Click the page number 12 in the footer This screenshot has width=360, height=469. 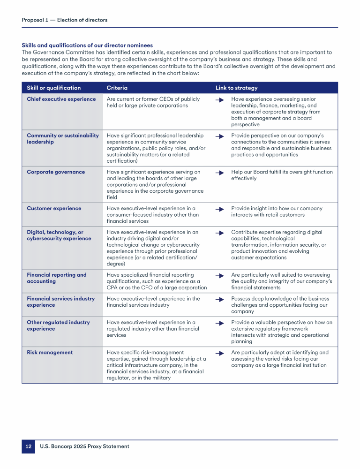point(28,446)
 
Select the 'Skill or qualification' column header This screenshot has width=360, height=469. point(53,88)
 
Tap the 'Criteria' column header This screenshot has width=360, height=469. point(117,88)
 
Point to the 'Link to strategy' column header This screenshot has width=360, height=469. point(236,88)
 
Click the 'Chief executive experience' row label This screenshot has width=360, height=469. point(61,99)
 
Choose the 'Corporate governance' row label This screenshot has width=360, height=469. point(56,172)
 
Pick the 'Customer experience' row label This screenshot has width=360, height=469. point(54,209)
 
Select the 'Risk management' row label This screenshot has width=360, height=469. point(50,353)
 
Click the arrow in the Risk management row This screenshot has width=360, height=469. point(219,353)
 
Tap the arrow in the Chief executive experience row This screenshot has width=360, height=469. point(219,100)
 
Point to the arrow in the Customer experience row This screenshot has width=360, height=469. point(219,209)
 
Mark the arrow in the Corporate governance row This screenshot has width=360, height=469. point(219,173)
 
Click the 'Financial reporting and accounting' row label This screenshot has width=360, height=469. point(57,278)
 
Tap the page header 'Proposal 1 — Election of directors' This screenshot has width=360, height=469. point(64,20)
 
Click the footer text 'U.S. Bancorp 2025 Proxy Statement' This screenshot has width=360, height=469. point(84,446)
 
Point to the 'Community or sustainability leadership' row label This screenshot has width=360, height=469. point(63,139)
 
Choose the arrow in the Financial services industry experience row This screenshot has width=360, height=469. point(219,299)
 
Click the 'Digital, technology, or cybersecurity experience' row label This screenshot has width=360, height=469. point(59,235)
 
